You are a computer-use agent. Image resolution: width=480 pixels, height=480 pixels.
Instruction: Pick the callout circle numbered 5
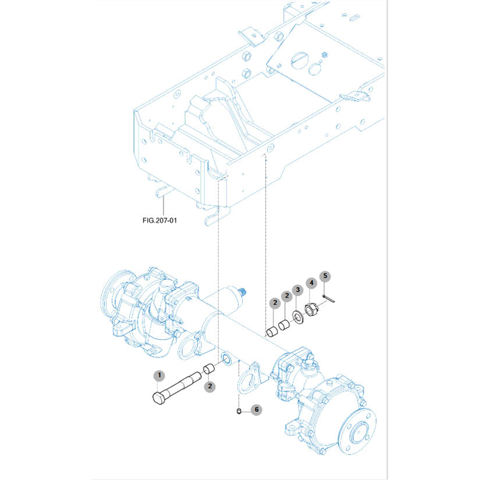click(x=325, y=275)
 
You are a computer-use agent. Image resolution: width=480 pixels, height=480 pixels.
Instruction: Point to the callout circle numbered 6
click(x=257, y=410)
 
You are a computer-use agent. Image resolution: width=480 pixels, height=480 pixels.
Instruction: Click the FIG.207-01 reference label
click(x=162, y=221)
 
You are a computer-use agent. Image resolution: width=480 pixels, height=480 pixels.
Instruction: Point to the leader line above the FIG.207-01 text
click(x=164, y=206)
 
